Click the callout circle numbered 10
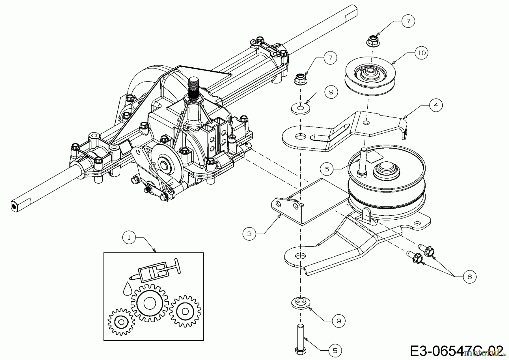421,53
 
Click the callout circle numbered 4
436,105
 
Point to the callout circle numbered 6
470,277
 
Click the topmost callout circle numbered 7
408,21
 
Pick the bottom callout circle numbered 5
335,351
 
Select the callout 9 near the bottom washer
339,321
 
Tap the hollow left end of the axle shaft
13,206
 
